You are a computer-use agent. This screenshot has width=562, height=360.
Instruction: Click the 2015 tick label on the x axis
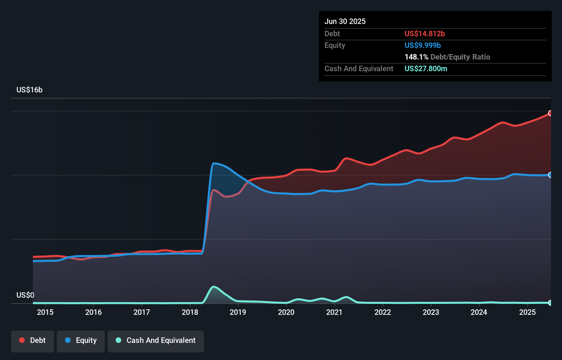click(x=45, y=312)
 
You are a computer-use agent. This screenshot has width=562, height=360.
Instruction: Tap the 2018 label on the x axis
click(x=190, y=312)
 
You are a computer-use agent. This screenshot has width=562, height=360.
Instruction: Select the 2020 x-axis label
click(x=286, y=312)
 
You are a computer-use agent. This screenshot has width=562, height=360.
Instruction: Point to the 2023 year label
click(x=431, y=312)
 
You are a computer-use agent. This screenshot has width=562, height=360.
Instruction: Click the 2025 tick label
click(x=527, y=312)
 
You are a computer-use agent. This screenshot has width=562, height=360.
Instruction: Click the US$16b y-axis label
click(x=29, y=90)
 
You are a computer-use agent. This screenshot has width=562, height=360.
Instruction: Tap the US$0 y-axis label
click(x=25, y=295)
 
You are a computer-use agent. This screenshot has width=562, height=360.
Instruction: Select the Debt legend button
click(x=33, y=340)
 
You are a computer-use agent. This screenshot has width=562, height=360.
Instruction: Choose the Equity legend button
click(x=81, y=340)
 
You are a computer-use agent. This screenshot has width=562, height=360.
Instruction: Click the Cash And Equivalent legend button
click(x=156, y=340)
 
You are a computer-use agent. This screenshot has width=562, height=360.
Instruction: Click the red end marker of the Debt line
click(x=550, y=113)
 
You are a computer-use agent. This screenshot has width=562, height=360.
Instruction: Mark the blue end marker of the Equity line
click(x=550, y=175)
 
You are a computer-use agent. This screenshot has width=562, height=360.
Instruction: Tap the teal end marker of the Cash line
click(x=550, y=303)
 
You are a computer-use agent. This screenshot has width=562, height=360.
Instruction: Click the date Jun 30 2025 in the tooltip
click(x=345, y=21)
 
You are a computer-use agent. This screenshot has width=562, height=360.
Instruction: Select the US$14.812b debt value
click(x=424, y=34)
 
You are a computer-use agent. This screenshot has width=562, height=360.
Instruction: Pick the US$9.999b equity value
click(x=422, y=45)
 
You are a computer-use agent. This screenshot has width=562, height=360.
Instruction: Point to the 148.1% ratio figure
click(x=416, y=57)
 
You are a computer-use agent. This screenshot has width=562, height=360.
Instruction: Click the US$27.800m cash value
click(x=426, y=68)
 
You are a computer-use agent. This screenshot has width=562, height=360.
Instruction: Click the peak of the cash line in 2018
click(x=214, y=287)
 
